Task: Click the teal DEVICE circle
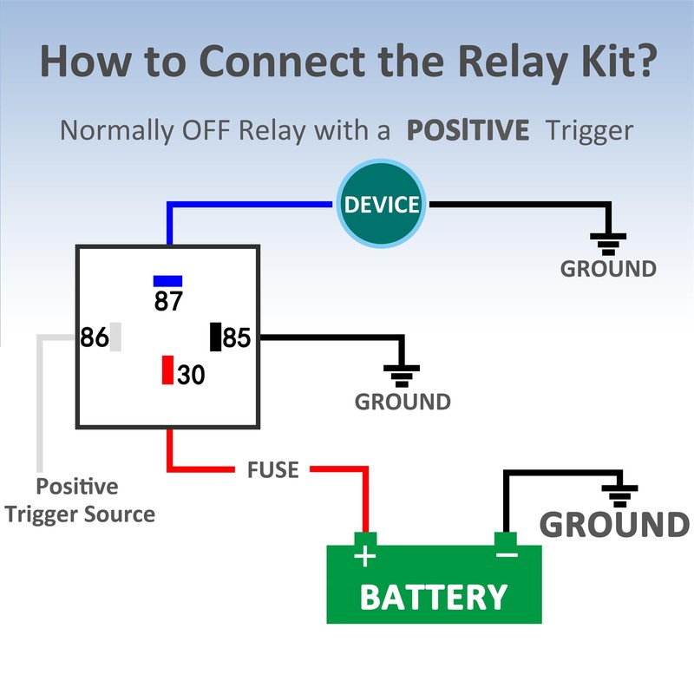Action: pos(382,205)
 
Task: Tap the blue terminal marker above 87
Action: pos(167,281)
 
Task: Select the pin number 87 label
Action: pos(168,301)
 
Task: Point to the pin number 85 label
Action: pos(237,337)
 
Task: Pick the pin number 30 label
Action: pos(192,375)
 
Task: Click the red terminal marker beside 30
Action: pos(167,370)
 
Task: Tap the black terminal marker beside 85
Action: pos(216,337)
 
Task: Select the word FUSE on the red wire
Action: pos(272,470)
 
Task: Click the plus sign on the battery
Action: pos(366,555)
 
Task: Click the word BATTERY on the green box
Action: pos(433,597)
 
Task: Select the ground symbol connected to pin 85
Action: pos(402,374)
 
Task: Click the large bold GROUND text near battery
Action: pos(614,525)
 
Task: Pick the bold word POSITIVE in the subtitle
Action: pos(468,131)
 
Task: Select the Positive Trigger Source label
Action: pos(80,501)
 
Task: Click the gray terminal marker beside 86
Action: pos(115,337)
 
